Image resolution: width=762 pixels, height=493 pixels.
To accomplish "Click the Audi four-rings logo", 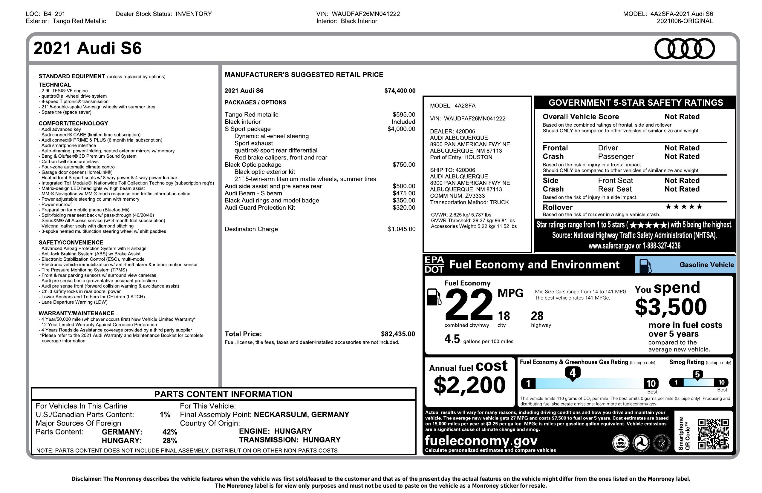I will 684,49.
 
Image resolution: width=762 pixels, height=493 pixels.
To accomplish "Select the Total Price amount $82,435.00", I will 398,334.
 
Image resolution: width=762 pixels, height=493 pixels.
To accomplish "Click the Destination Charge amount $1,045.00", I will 402,229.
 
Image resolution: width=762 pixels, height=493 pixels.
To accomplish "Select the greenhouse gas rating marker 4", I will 573,373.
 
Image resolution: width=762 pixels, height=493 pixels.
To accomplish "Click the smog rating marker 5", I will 697,375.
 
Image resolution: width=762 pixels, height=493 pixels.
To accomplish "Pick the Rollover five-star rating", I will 684,207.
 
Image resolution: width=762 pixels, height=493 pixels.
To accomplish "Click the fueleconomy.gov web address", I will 481,441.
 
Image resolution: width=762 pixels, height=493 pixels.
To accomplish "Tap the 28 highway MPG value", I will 537,316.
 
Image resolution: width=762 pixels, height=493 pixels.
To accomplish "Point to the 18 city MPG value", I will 504,316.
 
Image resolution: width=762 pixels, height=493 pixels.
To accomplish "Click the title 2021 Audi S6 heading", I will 87,49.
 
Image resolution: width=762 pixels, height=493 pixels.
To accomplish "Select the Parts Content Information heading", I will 223,394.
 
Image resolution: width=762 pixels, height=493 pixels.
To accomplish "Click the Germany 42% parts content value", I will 170,432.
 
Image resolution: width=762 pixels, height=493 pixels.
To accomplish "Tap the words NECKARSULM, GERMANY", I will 301,415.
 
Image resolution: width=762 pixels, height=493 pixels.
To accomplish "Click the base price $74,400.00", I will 400,91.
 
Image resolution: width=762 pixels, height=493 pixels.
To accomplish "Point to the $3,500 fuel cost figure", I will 671,306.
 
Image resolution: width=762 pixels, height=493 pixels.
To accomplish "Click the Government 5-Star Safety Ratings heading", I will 636,103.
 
